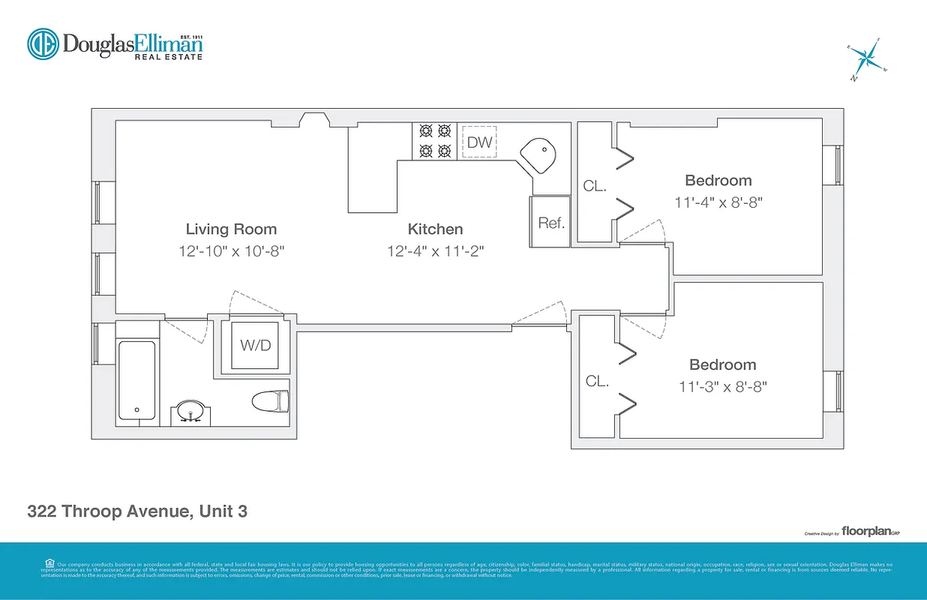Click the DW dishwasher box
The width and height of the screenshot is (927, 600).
point(479,142)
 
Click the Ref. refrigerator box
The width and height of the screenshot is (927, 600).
point(551,222)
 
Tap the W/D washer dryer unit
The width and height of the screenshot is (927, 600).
point(254,346)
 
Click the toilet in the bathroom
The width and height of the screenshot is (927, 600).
point(271,401)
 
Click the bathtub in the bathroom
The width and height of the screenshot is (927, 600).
point(137,380)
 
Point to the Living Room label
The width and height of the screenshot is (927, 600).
point(231,229)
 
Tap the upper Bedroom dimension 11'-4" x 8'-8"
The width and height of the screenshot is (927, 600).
point(718,202)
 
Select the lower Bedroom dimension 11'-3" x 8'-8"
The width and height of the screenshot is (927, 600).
point(722,387)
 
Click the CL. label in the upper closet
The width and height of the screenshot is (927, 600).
point(595,186)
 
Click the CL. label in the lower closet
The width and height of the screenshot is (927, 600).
point(597,381)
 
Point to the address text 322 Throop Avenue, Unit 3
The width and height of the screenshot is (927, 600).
point(137,512)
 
